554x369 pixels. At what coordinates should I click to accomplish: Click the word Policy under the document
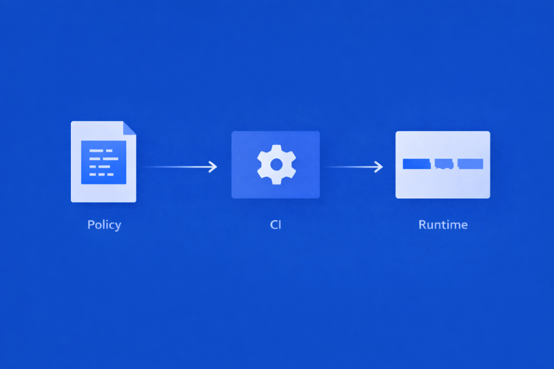tap(104, 225)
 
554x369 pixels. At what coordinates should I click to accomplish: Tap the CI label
tap(275, 225)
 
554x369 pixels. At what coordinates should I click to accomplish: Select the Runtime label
tap(443, 225)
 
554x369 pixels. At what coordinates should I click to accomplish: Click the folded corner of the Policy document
tap(130, 127)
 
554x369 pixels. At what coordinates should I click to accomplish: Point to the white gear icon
tap(276, 165)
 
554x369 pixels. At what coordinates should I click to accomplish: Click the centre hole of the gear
tap(276, 165)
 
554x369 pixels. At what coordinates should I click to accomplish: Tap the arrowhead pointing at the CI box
tap(213, 166)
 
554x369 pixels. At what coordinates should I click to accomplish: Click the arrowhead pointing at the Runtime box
tap(379, 166)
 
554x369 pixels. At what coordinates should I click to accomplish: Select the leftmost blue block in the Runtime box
tap(417, 164)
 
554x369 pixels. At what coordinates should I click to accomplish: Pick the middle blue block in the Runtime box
tap(444, 164)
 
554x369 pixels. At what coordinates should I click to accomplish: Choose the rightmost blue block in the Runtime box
tap(470, 164)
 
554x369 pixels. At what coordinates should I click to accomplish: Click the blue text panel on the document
tap(104, 162)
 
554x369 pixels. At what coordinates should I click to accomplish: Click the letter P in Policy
tap(91, 225)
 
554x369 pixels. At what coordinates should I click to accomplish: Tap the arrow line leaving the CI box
tap(349, 166)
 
